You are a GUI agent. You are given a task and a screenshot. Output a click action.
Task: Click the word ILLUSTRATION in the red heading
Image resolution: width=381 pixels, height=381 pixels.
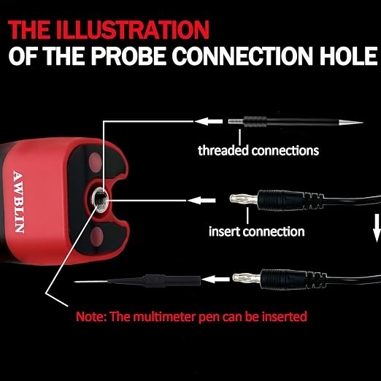[x=133, y=29]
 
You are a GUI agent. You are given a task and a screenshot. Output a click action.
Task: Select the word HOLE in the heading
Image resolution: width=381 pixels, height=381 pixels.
[x=349, y=55]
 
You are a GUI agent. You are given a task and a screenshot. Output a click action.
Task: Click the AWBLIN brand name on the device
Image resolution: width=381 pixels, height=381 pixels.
[x=18, y=201]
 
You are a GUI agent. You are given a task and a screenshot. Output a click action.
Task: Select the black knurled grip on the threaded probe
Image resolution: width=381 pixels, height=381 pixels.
[x=255, y=122]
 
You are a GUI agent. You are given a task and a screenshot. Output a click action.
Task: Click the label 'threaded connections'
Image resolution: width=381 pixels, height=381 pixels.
[x=258, y=150]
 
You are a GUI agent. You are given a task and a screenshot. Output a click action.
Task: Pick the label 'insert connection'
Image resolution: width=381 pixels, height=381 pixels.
[x=257, y=231]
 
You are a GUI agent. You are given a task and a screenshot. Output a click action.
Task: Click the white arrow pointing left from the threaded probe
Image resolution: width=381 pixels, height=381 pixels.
[x=209, y=121]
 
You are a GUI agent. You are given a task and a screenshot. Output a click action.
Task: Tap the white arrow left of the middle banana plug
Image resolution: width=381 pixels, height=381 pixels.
[x=201, y=201]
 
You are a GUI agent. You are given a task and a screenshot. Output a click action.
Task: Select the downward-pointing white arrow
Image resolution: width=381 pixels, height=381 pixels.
[x=377, y=228]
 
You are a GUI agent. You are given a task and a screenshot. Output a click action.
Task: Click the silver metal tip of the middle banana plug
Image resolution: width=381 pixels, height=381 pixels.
[x=244, y=199]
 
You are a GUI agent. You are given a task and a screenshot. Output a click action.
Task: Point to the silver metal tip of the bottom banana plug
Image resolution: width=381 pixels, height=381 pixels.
[x=247, y=278]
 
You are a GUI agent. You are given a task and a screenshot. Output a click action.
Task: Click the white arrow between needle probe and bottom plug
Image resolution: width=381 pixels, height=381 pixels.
[x=215, y=280]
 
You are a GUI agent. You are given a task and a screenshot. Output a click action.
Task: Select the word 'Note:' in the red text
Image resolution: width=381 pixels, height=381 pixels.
[x=91, y=317]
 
